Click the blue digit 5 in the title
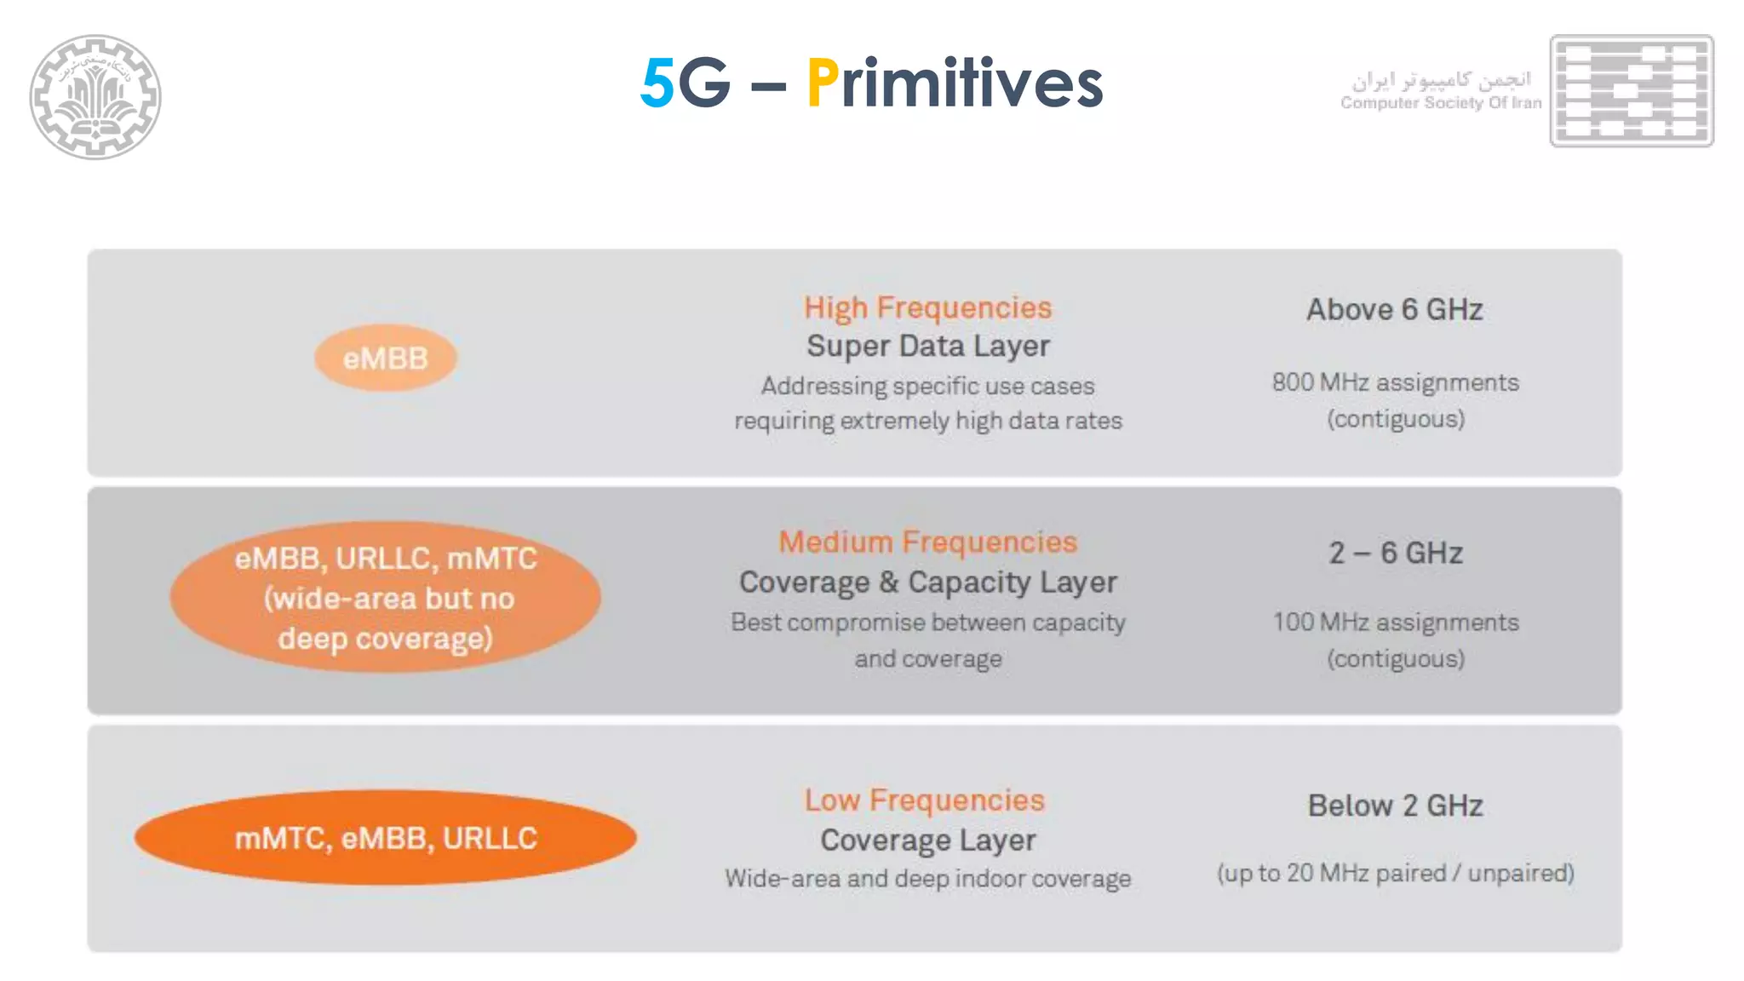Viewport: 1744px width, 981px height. coord(657,83)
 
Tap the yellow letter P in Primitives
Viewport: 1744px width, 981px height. coord(822,83)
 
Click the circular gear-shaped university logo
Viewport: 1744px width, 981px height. coord(95,96)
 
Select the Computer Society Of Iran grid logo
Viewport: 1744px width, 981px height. coord(1631,90)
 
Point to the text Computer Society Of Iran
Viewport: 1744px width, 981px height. coord(1440,103)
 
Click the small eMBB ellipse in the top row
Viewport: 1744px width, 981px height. coord(385,359)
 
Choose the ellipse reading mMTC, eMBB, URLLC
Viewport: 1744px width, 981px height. coord(385,838)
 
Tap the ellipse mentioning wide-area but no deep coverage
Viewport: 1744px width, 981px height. coord(385,598)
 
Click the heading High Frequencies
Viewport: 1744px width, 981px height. coord(927,307)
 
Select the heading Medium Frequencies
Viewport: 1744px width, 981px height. coord(927,542)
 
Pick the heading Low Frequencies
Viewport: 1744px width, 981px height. coord(924,800)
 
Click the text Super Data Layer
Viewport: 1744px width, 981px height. coord(927,346)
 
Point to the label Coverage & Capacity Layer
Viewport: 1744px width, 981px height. coord(927,582)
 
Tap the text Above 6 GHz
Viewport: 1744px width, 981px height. coord(1395,310)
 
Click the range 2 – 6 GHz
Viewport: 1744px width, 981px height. coord(1395,554)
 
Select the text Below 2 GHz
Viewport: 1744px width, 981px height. coord(1395,806)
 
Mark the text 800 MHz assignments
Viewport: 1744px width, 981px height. coord(1395,382)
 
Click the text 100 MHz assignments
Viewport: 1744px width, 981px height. coord(1395,622)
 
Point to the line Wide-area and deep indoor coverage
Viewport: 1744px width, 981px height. coord(927,879)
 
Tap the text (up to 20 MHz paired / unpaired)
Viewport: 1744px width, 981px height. coord(1395,873)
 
